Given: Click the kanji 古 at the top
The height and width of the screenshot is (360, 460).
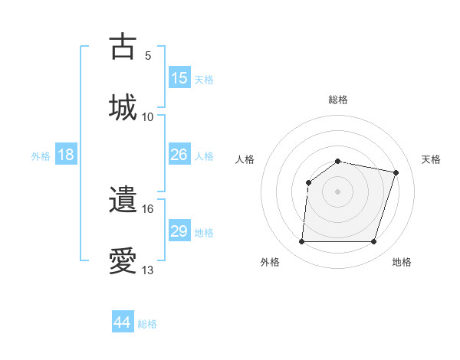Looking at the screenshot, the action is click(123, 47).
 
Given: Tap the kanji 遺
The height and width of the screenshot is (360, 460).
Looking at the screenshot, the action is click(123, 201).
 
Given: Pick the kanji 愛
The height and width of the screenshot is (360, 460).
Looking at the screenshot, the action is click(123, 260).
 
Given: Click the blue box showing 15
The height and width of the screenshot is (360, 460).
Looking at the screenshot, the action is click(179, 78).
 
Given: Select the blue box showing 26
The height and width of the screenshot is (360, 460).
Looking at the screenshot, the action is click(179, 155).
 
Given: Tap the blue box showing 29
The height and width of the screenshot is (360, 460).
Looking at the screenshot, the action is click(179, 231).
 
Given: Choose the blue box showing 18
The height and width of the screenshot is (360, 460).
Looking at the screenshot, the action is click(66, 155).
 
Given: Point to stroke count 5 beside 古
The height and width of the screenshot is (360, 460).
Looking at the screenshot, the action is click(148, 55).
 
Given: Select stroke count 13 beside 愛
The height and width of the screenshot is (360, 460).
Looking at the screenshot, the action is click(148, 270).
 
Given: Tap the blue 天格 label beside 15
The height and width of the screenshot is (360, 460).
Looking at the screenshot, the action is click(204, 80).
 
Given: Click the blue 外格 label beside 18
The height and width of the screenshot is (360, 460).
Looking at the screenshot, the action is click(41, 156).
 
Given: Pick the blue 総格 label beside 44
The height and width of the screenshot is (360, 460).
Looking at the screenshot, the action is click(147, 324).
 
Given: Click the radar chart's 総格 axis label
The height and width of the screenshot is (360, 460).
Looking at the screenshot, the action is click(338, 100).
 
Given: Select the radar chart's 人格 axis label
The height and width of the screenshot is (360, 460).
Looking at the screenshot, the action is click(245, 159).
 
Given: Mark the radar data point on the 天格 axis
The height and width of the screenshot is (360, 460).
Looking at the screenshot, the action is click(396, 173).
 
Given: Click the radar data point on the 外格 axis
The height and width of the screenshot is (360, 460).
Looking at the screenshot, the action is click(301, 242).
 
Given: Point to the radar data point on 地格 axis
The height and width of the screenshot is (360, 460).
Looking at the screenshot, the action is click(374, 242).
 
